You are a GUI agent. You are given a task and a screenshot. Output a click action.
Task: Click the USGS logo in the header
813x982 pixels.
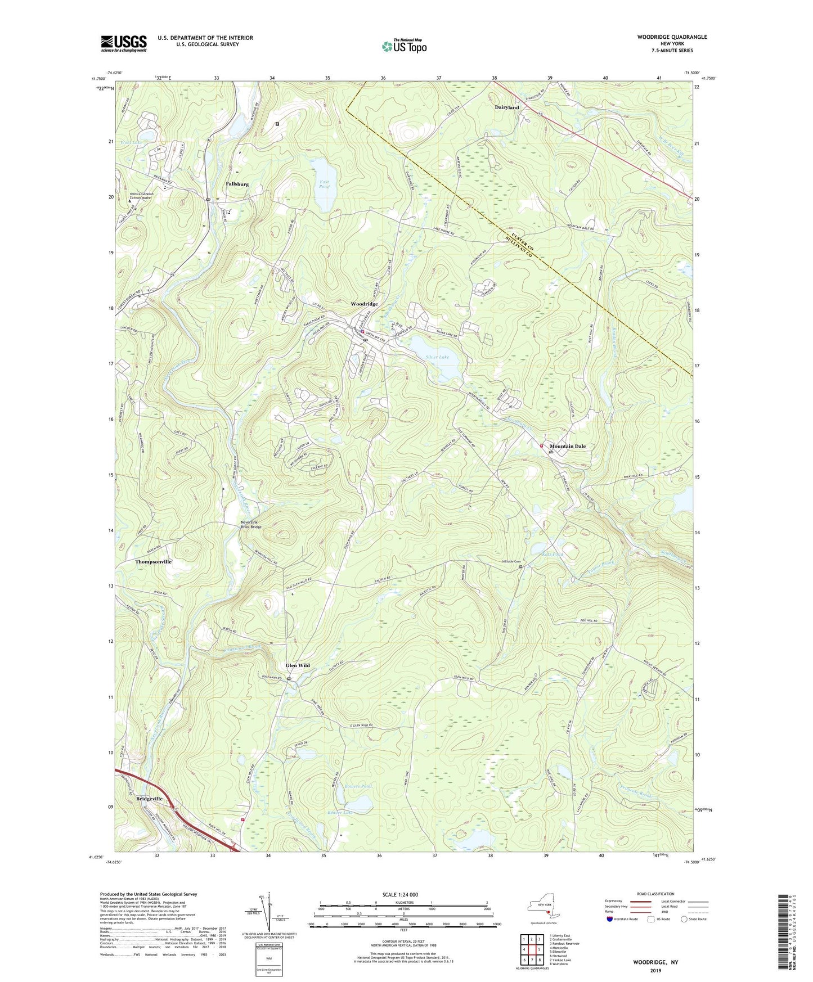click(x=123, y=43)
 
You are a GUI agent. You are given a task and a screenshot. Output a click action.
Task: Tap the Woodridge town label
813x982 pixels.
click(x=364, y=304)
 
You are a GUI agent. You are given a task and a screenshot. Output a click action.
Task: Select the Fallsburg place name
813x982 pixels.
click(x=237, y=184)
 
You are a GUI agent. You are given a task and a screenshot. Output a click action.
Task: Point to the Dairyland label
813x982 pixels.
click(x=506, y=107)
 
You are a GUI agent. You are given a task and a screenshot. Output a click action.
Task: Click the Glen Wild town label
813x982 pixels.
click(x=298, y=665)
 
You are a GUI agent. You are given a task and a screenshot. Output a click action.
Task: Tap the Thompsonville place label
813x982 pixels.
click(x=153, y=561)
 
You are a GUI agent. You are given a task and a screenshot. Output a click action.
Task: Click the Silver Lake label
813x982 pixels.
click(x=437, y=357)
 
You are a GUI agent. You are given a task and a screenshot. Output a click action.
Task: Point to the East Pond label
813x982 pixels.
click(x=324, y=184)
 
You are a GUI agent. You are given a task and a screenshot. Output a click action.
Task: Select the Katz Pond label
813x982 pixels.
click(x=551, y=554)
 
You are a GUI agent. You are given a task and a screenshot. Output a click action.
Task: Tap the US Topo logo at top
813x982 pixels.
click(x=404, y=46)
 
